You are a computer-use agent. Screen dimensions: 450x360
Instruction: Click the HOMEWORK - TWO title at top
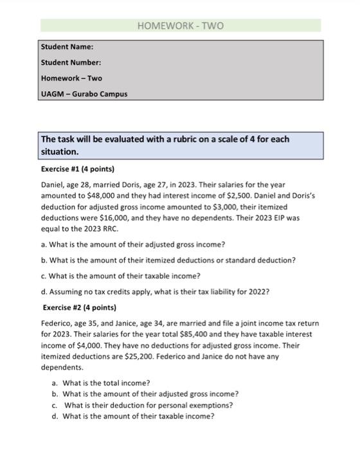point(181,26)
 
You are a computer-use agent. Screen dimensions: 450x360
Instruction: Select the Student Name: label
point(67,47)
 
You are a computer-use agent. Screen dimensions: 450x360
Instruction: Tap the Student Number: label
point(71,62)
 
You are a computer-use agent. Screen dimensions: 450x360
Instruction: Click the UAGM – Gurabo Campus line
point(84,94)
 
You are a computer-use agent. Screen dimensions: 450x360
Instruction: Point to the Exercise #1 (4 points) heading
point(77,169)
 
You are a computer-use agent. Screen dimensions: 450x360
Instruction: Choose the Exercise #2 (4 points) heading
point(79,307)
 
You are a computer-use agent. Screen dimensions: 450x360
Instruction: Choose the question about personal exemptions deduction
point(149,405)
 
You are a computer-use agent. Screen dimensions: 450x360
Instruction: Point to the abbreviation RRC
point(96,228)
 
